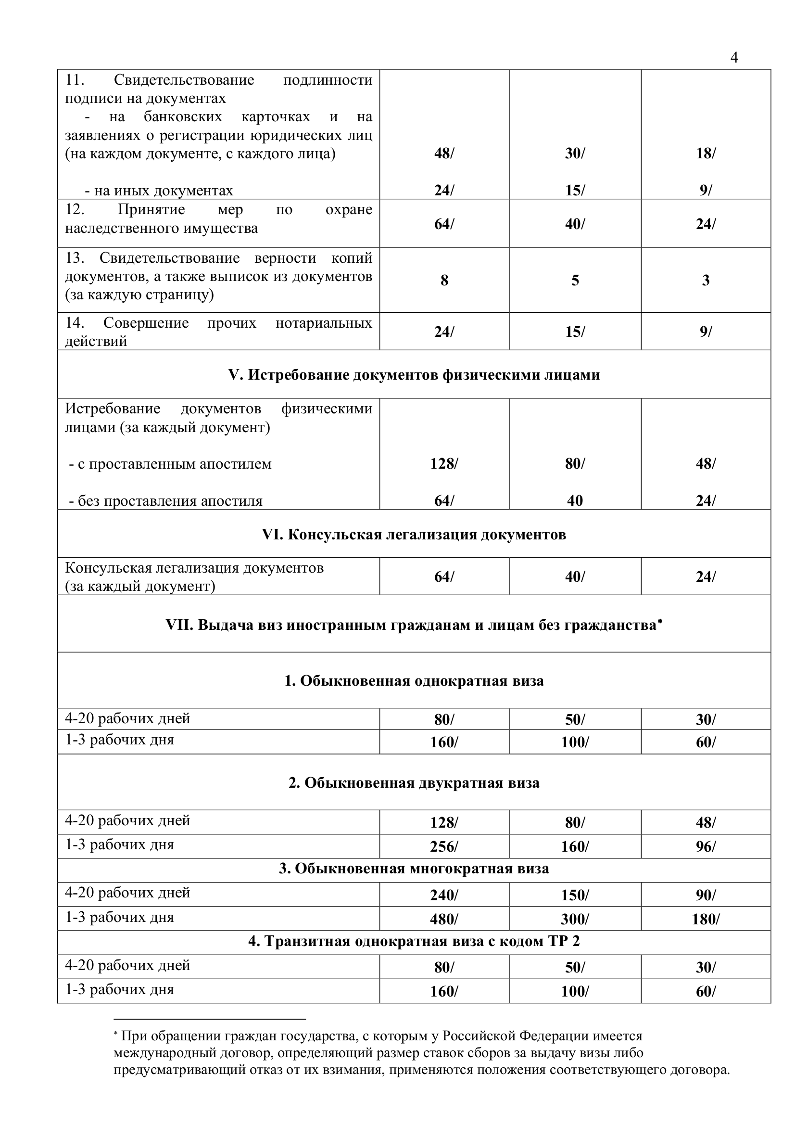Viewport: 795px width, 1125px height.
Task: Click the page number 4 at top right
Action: [x=734, y=58]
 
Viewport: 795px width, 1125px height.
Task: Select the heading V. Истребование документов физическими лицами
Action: [x=414, y=374]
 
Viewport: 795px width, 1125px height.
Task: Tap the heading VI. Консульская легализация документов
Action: [x=414, y=534]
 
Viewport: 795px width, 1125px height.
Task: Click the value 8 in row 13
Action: [x=444, y=280]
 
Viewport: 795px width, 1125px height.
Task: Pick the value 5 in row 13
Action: [x=575, y=280]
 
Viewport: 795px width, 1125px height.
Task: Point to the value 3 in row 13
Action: [x=706, y=280]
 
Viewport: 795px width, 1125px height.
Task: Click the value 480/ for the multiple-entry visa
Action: [x=444, y=919]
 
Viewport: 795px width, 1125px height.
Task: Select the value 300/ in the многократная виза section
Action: [x=575, y=919]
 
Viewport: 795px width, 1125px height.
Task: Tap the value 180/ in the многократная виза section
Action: [x=706, y=919]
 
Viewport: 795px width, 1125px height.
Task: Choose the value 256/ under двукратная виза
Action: [x=444, y=847]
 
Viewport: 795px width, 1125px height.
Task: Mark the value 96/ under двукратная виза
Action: [x=706, y=847]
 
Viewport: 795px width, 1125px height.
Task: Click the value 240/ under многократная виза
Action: [x=444, y=895]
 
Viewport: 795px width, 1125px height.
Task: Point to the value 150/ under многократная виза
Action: [x=575, y=895]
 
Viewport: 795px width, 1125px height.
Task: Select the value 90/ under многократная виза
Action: [x=706, y=895]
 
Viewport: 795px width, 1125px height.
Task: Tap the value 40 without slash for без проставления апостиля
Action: [x=575, y=500]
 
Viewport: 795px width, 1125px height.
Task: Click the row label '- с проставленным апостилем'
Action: [x=170, y=463]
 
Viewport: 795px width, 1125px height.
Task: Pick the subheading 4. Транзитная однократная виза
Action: [x=414, y=941]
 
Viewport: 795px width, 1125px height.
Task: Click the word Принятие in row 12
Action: [x=151, y=210]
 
